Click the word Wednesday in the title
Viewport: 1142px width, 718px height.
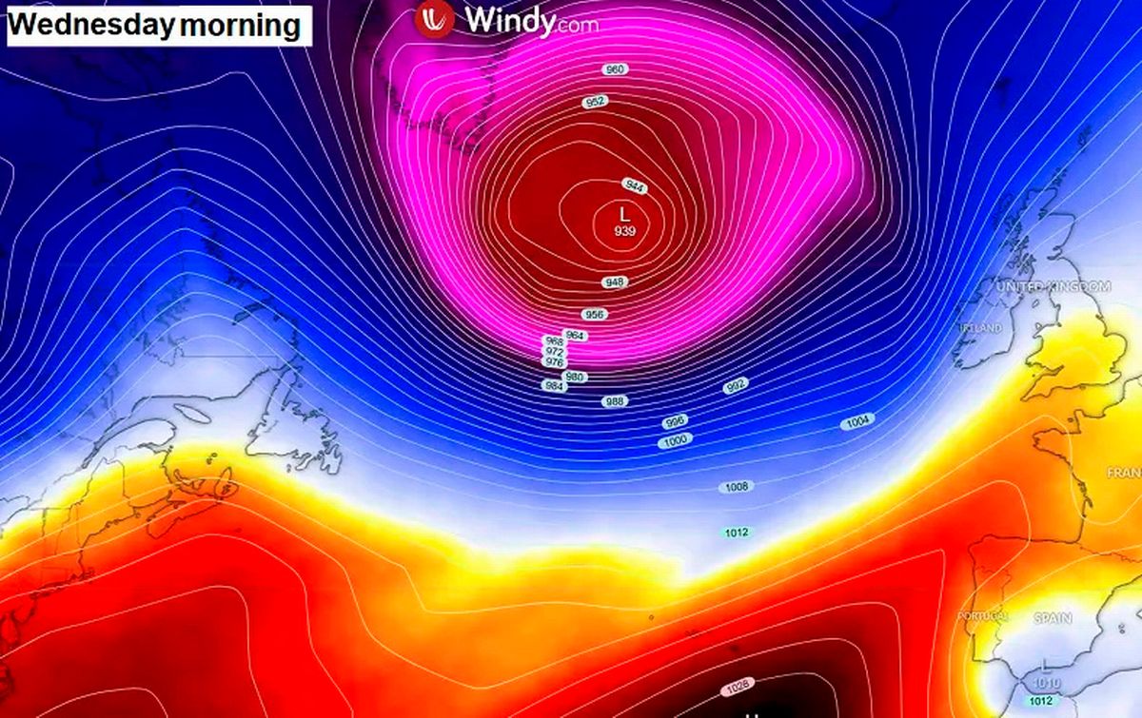click(x=92, y=26)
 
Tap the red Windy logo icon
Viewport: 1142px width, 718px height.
click(x=433, y=18)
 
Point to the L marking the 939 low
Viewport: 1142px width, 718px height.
click(x=625, y=214)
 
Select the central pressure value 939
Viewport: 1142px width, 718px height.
click(x=625, y=231)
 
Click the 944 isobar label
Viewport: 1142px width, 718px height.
click(x=635, y=185)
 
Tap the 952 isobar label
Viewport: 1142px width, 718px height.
click(x=596, y=102)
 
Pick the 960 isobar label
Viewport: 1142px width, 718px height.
click(x=616, y=69)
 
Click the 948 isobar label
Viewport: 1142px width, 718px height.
click(x=615, y=282)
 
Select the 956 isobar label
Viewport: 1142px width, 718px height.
click(x=595, y=315)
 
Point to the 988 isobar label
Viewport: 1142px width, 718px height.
click(x=615, y=401)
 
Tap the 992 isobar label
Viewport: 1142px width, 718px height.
click(x=735, y=385)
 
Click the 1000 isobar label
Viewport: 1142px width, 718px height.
click(x=676, y=440)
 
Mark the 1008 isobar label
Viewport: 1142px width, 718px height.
click(x=736, y=487)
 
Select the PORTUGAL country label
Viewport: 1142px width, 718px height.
click(x=983, y=617)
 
